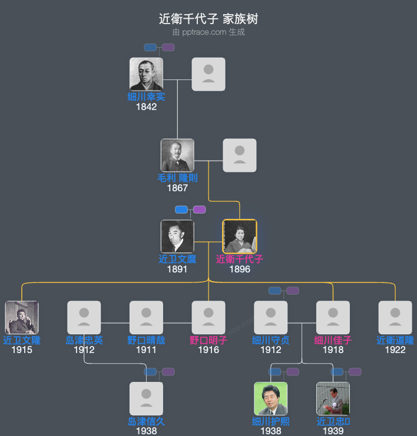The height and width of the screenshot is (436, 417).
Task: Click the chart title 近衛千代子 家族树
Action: (x=208, y=19)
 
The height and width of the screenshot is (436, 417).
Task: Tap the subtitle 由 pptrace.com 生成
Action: (x=208, y=32)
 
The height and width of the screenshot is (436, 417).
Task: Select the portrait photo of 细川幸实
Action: (x=146, y=74)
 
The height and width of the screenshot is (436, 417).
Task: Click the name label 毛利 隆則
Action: (x=177, y=178)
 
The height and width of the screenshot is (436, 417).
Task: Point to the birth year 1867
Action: (x=177, y=188)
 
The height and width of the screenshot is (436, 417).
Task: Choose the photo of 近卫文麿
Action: (x=177, y=237)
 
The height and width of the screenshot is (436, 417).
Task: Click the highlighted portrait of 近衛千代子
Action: (x=240, y=237)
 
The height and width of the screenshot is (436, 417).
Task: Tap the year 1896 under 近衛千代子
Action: (x=240, y=269)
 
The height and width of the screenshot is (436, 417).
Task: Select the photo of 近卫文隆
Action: (x=22, y=318)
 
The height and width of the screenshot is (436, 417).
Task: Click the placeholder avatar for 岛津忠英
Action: (x=84, y=318)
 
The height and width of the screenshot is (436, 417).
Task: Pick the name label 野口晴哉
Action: (x=146, y=340)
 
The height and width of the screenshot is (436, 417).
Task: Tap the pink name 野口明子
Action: (x=208, y=340)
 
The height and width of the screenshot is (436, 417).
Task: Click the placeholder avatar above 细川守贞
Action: (x=271, y=318)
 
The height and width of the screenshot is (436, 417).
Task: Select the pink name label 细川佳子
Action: (x=333, y=340)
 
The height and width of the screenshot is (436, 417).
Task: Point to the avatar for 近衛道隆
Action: (x=395, y=318)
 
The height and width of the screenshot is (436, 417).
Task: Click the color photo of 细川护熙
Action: (x=271, y=399)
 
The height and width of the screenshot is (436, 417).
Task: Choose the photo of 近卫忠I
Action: (x=333, y=399)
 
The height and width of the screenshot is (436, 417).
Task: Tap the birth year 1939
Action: (x=333, y=431)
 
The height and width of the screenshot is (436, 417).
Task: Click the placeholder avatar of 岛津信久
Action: (x=146, y=399)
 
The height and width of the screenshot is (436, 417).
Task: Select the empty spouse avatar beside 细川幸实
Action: (x=208, y=74)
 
